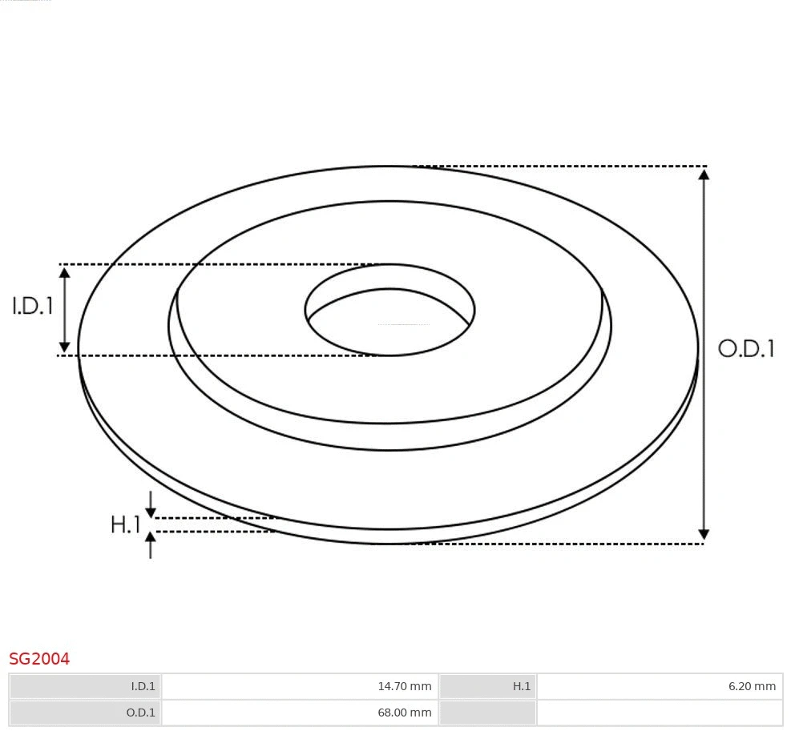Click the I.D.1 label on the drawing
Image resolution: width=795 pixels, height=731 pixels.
click(33, 306)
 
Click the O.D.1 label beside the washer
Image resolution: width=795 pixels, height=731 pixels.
click(746, 348)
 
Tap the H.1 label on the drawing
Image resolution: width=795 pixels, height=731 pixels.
click(125, 525)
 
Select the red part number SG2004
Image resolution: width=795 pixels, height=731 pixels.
click(39, 659)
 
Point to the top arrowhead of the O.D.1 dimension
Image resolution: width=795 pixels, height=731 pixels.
click(704, 173)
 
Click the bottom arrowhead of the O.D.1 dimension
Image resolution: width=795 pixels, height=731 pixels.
click(704, 535)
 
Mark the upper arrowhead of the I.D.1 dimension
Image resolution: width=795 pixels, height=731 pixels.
click(65, 272)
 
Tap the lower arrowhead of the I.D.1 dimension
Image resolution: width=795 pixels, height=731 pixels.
click(65, 347)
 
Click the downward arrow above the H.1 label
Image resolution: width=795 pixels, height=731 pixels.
click(151, 512)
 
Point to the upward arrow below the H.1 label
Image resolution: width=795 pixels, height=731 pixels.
click(151, 540)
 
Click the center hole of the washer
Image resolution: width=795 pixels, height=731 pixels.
click(390, 320)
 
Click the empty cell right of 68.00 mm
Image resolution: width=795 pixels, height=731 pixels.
click(659, 713)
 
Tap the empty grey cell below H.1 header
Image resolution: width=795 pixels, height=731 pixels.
click(487, 713)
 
